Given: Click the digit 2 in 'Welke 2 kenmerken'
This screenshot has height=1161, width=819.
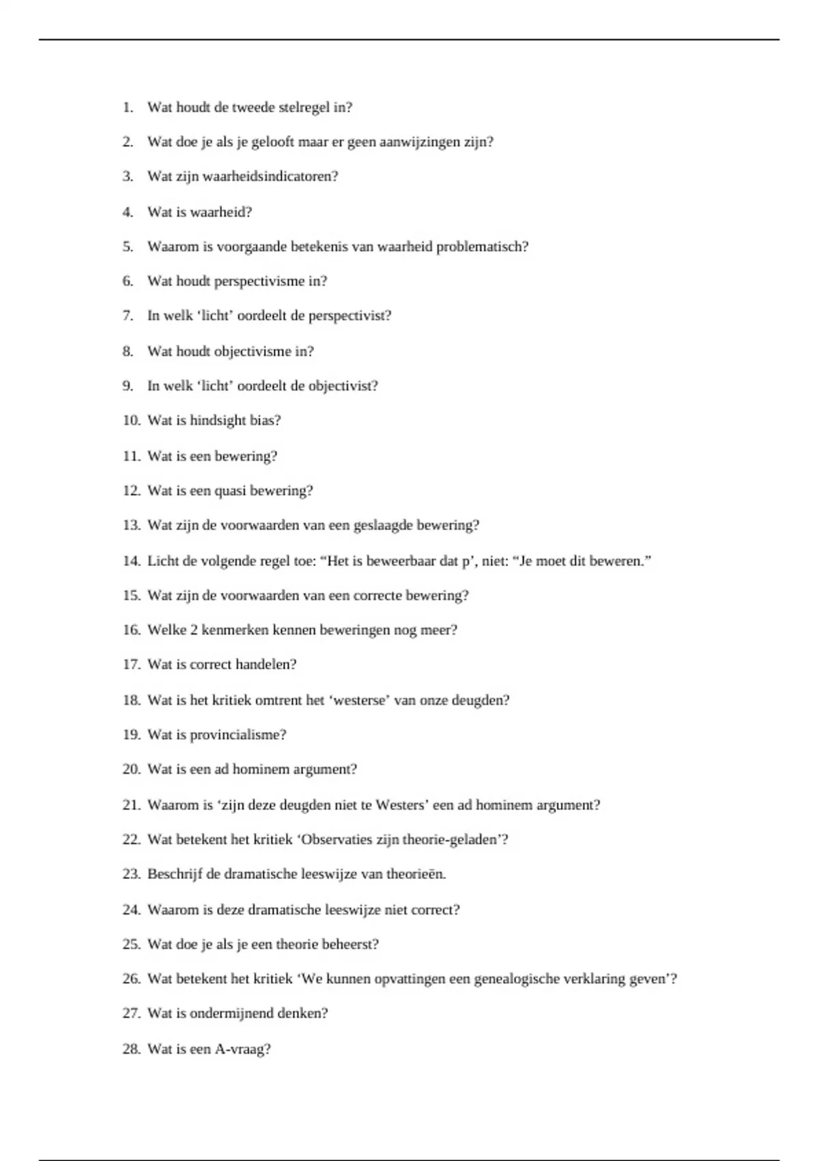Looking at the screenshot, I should [194, 630].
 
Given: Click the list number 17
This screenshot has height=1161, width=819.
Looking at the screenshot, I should [131, 665].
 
